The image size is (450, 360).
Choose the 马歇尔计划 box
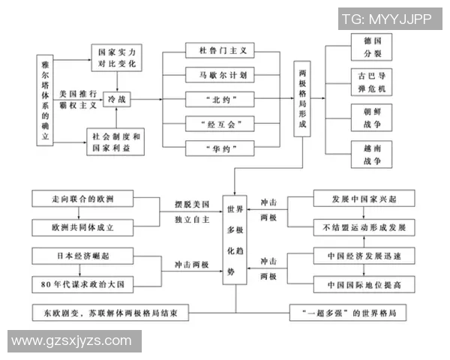pos(220,75)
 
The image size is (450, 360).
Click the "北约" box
pos(220,99)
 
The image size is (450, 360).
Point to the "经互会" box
pos(220,123)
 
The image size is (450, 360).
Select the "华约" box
pos(220,148)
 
